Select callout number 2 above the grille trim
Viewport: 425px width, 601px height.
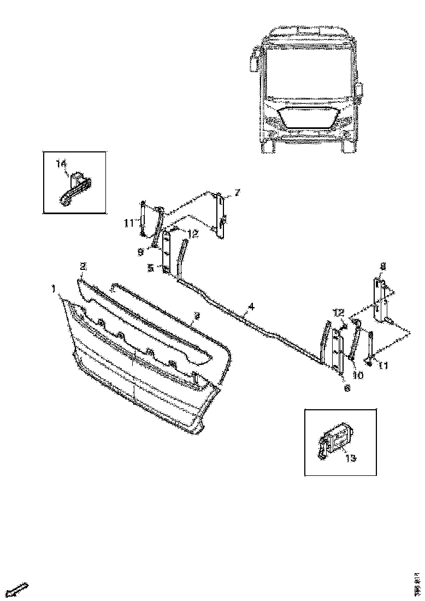[83, 267]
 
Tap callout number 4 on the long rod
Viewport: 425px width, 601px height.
[251, 307]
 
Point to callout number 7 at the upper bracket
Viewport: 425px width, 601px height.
[237, 192]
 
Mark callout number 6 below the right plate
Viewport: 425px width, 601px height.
[346, 388]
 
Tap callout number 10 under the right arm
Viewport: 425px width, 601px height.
[358, 375]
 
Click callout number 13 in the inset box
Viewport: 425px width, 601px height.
[350, 458]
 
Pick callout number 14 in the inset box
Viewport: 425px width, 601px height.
[61, 163]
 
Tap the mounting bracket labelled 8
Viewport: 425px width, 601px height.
[380, 300]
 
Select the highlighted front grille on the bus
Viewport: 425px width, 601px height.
[306, 119]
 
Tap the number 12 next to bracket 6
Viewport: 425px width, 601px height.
[339, 313]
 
